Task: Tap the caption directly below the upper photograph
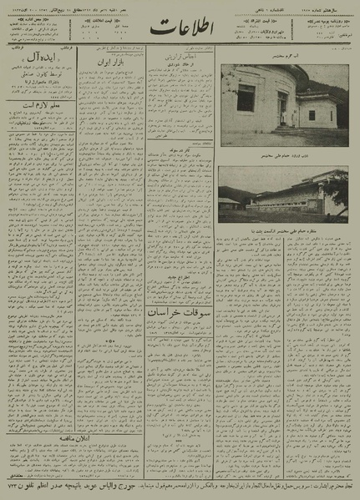tap(284, 154)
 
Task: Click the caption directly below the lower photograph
tap(284, 228)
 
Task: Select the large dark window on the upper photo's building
tap(245, 98)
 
